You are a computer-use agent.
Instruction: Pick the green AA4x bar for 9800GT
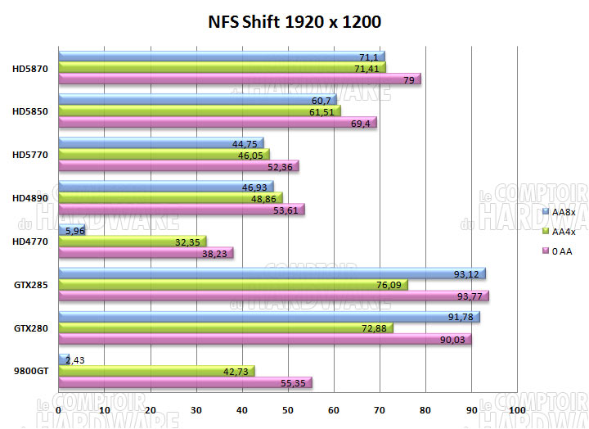coord(156,371)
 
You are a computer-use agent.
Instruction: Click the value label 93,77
coord(474,296)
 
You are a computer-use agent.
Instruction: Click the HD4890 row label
coord(30,198)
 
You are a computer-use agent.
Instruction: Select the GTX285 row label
coord(30,285)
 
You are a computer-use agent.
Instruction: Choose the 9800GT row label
coord(31,371)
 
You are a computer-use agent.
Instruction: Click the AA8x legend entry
coord(560,212)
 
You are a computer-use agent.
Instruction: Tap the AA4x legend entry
coord(560,232)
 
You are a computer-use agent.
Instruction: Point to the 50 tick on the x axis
coord(288,409)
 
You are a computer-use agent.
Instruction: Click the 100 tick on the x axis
coord(517,409)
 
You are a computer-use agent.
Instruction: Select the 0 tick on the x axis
coord(58,409)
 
